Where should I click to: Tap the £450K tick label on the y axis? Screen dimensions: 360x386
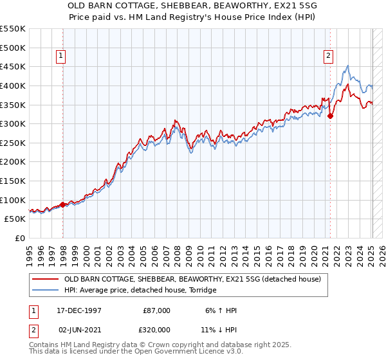point(13,67)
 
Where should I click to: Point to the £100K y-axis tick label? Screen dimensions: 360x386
point(13,200)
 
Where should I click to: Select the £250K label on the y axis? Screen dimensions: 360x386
point(13,143)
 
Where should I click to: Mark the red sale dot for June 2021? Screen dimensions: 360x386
point(331,116)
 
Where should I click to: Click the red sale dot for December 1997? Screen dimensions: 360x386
point(63,205)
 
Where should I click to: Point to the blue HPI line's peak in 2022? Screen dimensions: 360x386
point(347,66)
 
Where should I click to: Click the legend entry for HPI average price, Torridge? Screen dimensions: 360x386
point(140,291)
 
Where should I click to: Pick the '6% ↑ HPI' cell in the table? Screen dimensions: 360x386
point(220,310)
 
